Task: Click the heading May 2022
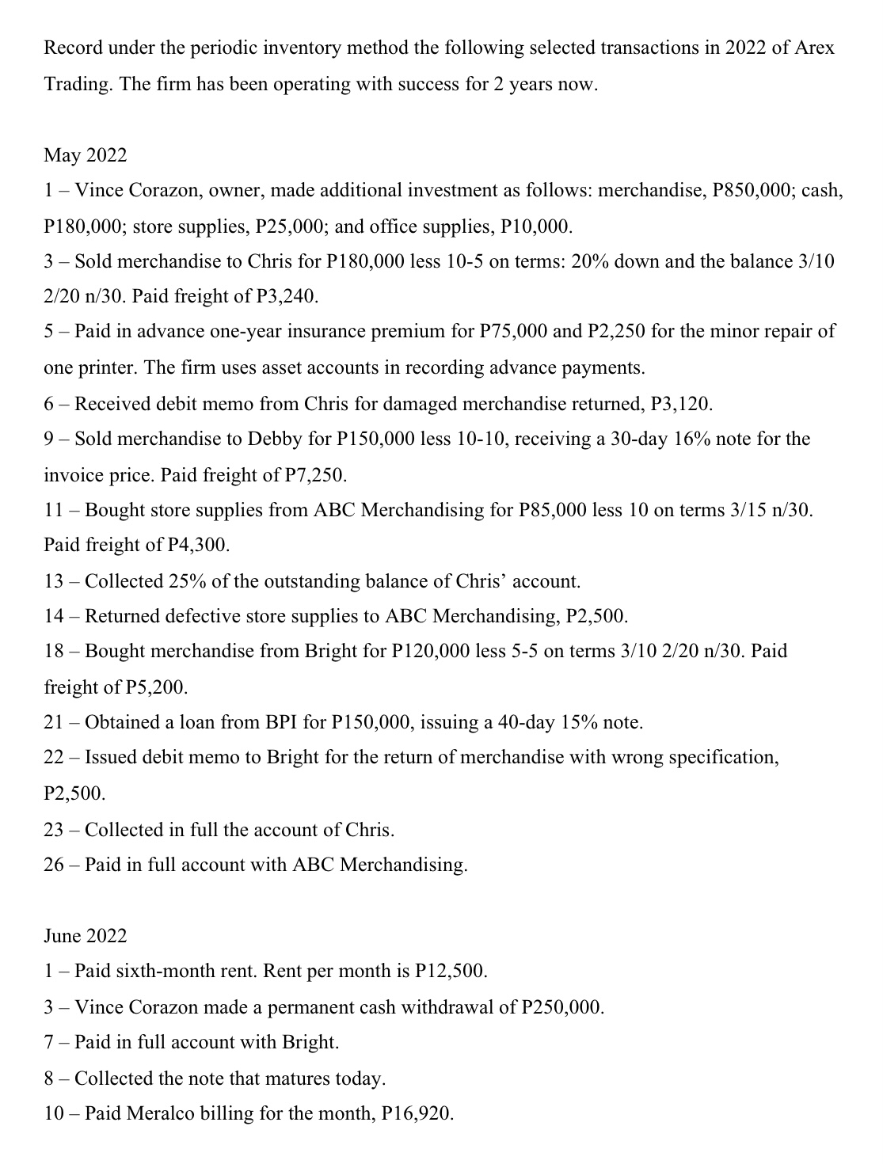coord(85,155)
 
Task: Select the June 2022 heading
coord(85,936)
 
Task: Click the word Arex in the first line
coord(814,48)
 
